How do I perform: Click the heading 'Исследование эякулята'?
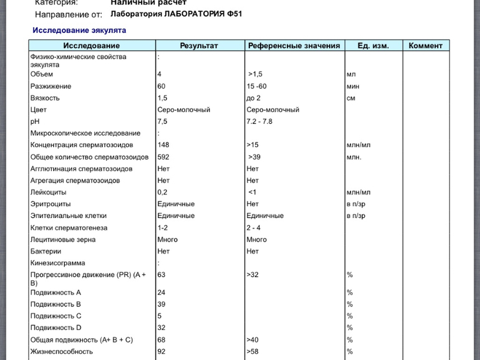click(79, 30)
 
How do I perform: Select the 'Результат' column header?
click(199, 45)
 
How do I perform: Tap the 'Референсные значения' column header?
click(294, 45)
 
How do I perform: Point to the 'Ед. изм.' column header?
click(373, 45)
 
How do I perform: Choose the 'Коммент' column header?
click(426, 45)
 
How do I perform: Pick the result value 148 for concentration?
click(163, 145)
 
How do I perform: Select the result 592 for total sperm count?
click(163, 157)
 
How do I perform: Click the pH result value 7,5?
click(163, 121)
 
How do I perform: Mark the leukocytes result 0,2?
click(163, 192)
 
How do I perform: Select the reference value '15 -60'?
click(257, 86)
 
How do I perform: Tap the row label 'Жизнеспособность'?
click(61, 352)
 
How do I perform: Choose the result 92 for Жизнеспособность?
click(161, 352)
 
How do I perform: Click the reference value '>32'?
click(252, 274)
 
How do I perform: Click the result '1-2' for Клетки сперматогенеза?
click(163, 228)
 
